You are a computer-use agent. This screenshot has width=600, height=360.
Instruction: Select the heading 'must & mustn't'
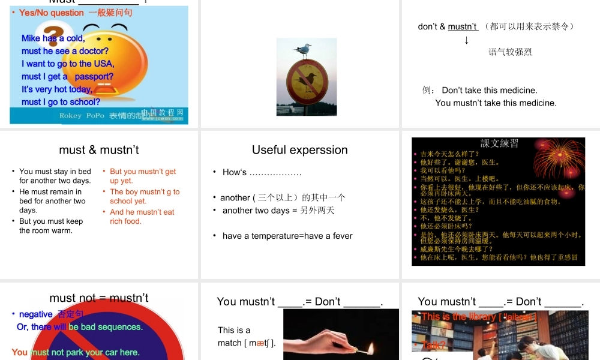(99, 150)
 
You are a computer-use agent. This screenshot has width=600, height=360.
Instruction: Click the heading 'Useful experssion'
(300, 150)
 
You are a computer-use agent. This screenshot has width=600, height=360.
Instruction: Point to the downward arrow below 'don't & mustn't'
(467, 40)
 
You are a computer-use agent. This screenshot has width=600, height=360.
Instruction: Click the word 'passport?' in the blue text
(94, 77)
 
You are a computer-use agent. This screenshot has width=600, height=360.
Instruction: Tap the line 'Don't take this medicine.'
(490, 91)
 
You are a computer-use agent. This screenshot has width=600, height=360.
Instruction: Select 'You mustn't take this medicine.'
(496, 103)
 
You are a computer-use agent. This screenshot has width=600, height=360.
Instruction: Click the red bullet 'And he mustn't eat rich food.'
(142, 217)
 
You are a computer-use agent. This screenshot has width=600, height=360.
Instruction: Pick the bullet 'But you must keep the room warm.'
(51, 226)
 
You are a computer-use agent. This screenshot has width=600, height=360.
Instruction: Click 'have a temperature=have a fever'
(287, 236)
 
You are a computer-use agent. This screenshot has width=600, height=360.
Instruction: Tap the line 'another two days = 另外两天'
(278, 211)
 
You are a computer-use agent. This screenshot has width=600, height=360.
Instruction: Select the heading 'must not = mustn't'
(99, 298)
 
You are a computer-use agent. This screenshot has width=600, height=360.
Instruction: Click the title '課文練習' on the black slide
(500, 143)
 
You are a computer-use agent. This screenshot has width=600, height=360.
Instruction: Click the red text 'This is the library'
(459, 316)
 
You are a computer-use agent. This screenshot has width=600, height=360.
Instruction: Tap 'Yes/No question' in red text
(52, 13)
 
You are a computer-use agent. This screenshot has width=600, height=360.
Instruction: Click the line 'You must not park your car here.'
(76, 352)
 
